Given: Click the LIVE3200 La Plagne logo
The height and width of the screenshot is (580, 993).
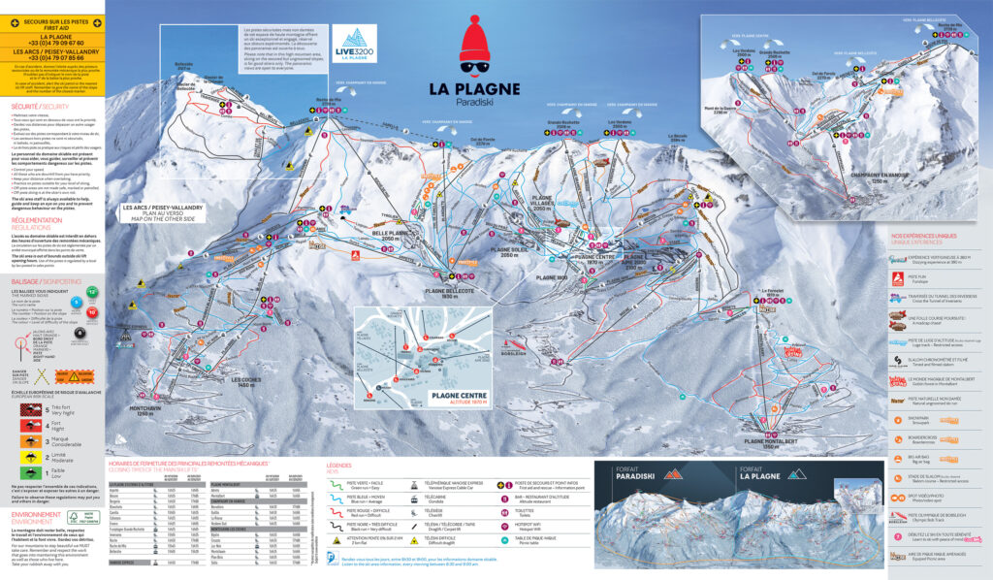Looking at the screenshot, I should click(x=354, y=47).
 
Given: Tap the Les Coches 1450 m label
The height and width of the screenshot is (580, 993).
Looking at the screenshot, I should click(x=247, y=382).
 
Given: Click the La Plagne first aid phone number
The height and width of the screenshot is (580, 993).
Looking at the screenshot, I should click(x=53, y=43).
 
